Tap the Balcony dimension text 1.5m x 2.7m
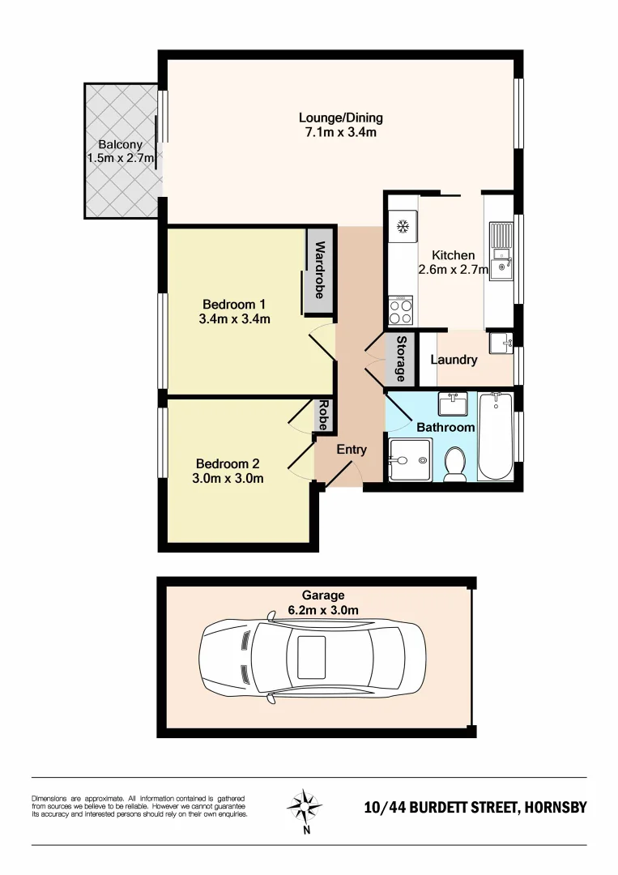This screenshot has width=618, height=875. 121,158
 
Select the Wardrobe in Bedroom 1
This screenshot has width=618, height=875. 318,271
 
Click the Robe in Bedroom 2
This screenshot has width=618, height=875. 323,415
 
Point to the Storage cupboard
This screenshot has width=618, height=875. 400,358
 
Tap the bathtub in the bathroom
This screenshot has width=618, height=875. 495,437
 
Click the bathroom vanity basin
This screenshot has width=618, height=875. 451,403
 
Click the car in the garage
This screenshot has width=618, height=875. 312,657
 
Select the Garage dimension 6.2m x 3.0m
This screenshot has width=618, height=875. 324,610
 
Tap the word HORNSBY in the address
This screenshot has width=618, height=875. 555,808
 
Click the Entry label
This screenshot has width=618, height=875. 352,450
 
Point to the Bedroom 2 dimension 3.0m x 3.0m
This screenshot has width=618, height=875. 228,479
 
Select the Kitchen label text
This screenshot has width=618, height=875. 453,255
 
